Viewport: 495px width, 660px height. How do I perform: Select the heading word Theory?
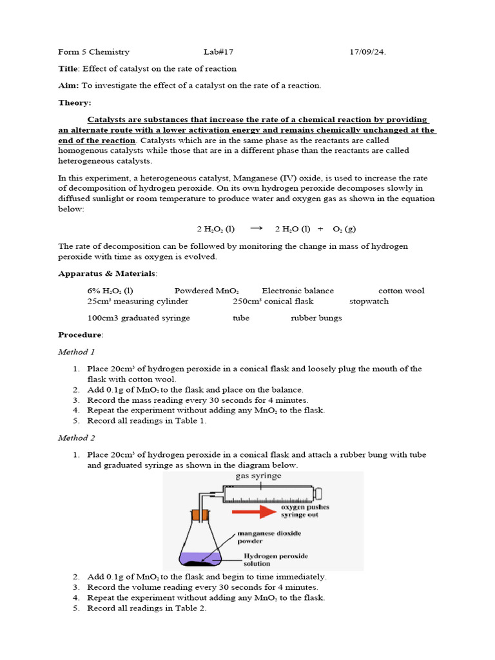click(75, 102)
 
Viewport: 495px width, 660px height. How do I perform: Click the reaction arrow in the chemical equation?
click(256, 228)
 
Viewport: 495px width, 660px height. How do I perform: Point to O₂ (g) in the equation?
click(344, 229)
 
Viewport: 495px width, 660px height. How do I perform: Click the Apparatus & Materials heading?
click(107, 274)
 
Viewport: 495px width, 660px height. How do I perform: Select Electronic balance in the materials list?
click(298, 291)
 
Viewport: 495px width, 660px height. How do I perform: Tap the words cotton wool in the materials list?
click(401, 291)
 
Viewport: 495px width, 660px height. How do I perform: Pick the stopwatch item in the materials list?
click(369, 302)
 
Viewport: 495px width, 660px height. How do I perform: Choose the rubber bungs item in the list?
click(316, 318)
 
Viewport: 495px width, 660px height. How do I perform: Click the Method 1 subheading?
click(77, 352)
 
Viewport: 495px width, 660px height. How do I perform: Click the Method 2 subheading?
click(77, 438)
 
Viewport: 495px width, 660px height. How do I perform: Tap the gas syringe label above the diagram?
click(259, 476)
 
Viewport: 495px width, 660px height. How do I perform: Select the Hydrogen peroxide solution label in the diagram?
click(275, 559)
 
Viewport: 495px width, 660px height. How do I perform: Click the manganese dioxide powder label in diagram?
click(269, 538)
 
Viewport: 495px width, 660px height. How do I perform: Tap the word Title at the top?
click(68, 69)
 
